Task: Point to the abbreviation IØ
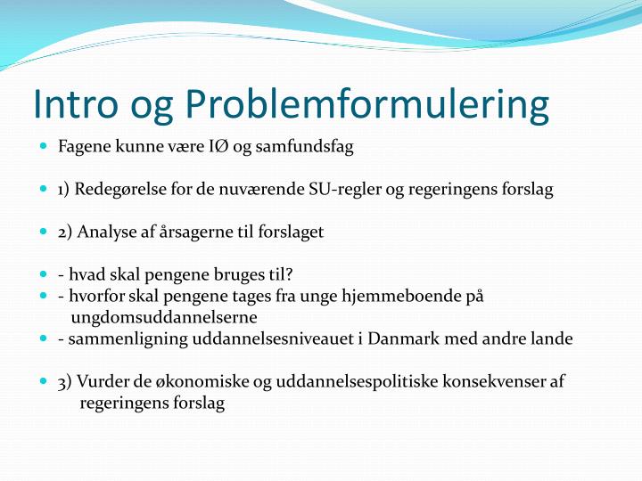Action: coord(217,147)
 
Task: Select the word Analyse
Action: coord(105,232)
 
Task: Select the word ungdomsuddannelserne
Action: coord(165,317)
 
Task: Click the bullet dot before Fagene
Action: coord(44,146)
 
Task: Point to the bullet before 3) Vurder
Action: coord(44,380)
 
